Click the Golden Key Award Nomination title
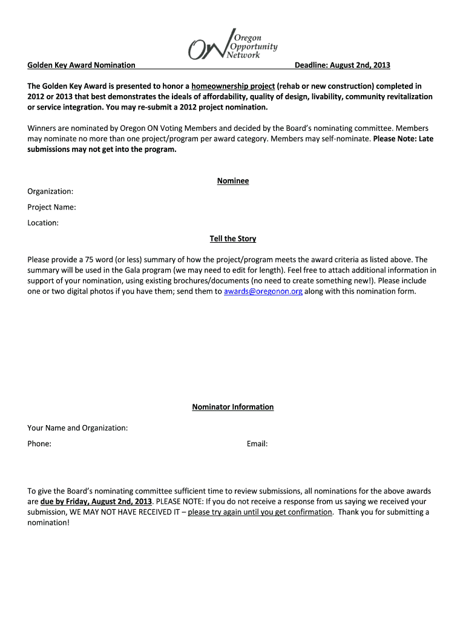coord(81,65)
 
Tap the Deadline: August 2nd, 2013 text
coord(342,65)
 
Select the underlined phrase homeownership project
coord(233,86)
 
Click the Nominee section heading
coord(233,181)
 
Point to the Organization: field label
coord(50,191)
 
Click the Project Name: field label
coord(51,207)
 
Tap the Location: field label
coord(43,223)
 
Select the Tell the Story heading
coord(233,239)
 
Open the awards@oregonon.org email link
coord(263,291)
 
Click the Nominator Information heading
coord(233,407)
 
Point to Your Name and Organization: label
coord(77,428)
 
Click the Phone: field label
coord(39,444)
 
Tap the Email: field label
coord(257,444)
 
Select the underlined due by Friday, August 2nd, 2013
coord(96,501)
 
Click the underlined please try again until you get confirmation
coord(260,512)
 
